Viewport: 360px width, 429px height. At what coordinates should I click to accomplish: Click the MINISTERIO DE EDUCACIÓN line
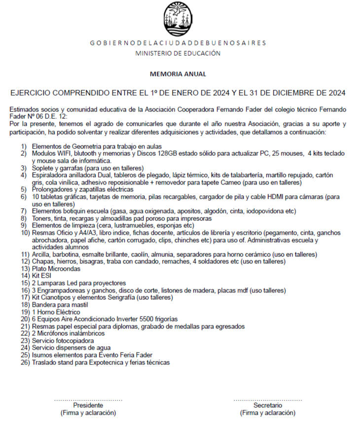click(178, 53)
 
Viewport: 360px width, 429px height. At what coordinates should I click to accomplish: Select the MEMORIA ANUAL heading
click(178, 74)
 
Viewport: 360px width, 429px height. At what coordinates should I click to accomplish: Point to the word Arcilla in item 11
click(42, 254)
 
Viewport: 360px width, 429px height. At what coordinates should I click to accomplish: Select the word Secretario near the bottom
click(268, 405)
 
